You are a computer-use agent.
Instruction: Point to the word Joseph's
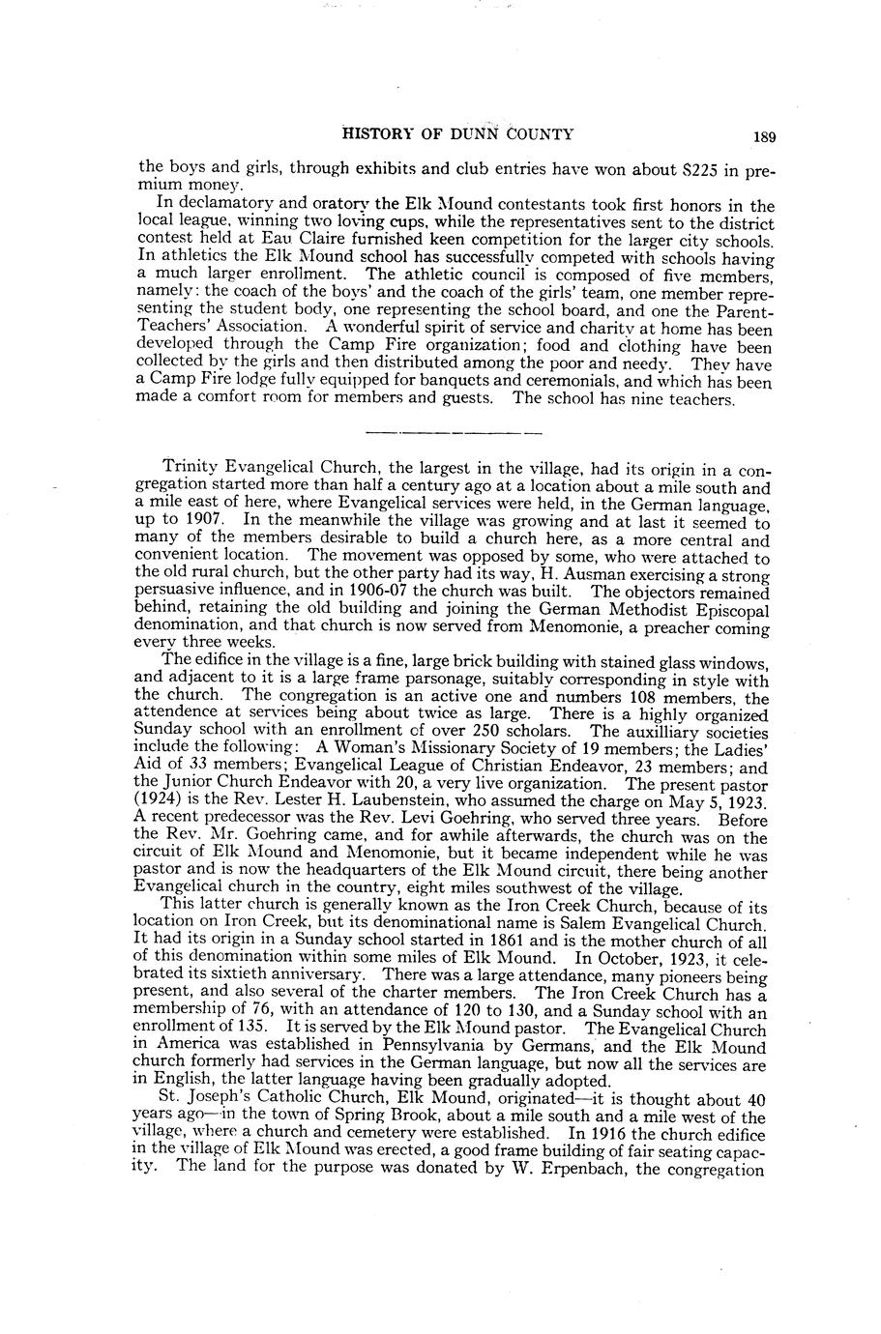215,1100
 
